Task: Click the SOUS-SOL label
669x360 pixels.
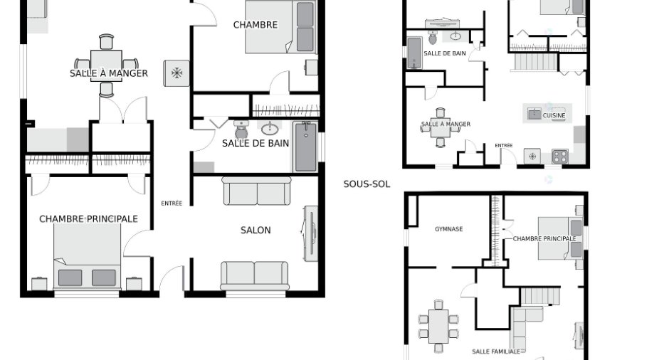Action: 367,184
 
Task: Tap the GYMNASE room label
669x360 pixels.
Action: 449,229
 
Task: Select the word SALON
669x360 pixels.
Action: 256,231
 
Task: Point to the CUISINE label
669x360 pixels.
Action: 554,115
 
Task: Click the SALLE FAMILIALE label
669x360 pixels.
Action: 496,351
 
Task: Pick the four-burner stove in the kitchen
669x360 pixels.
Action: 560,157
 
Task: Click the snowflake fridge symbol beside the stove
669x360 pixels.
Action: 532,157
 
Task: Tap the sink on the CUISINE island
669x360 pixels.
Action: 534,114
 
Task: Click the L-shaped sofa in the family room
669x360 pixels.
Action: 522,327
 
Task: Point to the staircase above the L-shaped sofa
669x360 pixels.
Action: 539,296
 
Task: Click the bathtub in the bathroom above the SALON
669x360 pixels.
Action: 306,147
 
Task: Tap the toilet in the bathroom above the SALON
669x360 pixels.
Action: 241,130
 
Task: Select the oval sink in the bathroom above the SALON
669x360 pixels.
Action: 270,128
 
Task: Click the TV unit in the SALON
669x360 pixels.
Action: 311,233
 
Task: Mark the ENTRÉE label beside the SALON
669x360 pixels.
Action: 172,203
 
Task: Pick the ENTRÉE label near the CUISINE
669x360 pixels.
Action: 503,145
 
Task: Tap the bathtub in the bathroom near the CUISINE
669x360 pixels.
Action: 414,53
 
